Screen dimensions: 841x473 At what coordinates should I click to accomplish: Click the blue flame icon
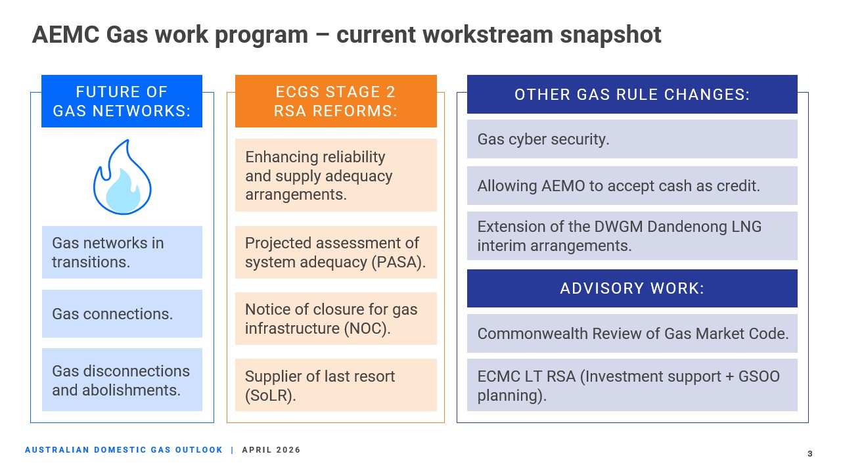[x=122, y=177]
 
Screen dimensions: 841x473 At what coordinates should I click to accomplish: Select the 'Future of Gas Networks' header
[x=122, y=101]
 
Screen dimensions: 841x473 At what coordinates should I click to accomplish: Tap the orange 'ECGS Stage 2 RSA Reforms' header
[x=336, y=101]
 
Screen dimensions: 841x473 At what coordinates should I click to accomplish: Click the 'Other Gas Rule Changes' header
[x=632, y=94]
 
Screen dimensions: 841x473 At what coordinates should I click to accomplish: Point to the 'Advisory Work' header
[x=632, y=288]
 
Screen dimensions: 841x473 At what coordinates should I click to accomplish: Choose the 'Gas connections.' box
[x=122, y=313]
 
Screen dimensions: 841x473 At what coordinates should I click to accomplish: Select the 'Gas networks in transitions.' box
[x=122, y=252]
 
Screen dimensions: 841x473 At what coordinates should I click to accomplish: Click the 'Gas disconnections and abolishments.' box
[x=122, y=380]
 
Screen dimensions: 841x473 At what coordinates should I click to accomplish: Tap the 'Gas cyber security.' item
[x=632, y=139]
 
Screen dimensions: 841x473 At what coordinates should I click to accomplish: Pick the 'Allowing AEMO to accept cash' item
[x=632, y=185]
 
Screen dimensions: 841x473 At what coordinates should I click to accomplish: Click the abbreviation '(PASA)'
[x=399, y=262]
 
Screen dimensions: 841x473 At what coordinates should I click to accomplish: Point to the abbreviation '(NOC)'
[x=367, y=328]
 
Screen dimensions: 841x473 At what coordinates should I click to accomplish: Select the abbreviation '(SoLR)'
[x=270, y=395]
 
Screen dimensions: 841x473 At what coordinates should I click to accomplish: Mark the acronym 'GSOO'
[x=759, y=376]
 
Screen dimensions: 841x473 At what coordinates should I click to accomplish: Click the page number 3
[x=810, y=453]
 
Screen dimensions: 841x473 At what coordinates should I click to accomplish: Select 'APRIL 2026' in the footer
[x=271, y=450]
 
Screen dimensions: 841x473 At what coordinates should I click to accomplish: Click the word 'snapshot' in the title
[x=610, y=35]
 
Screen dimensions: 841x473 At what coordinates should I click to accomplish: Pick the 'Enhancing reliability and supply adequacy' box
[x=336, y=175]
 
